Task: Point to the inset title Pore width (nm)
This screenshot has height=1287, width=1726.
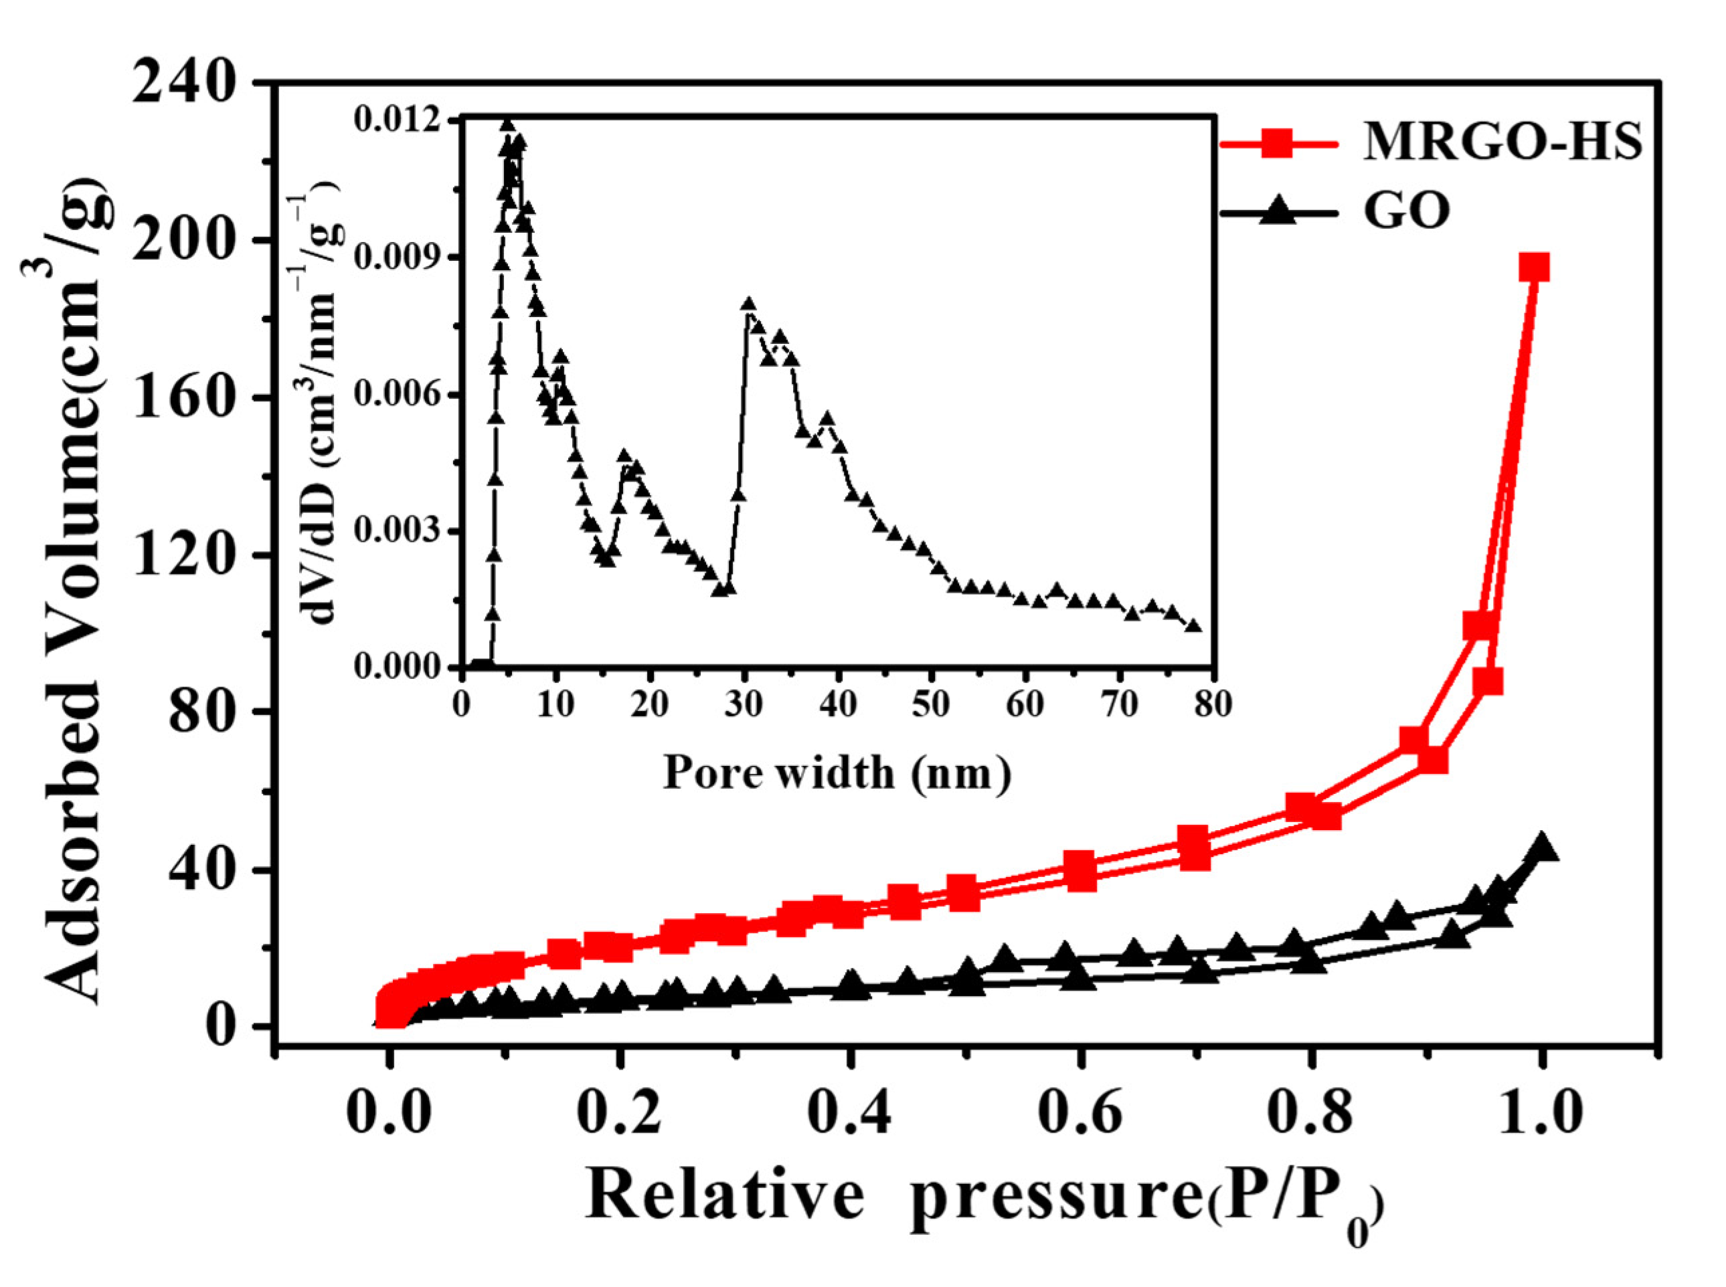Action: tap(837, 773)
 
